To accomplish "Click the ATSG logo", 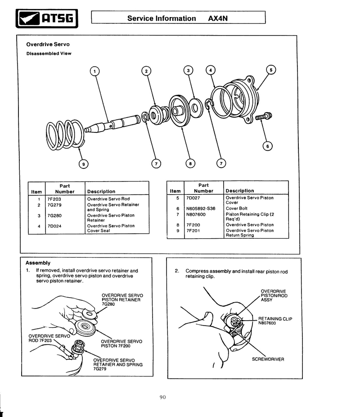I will point(47,18).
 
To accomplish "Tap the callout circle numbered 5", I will point(271,70).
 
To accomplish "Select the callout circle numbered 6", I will point(267,145).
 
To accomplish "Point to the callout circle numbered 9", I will point(82,164).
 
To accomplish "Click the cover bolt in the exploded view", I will point(263,117).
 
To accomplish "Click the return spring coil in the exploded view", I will point(65,133).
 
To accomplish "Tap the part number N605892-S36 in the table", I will point(200,208).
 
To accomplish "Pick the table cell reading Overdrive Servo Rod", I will point(108,199).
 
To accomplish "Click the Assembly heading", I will point(38,263).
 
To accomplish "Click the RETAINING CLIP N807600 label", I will point(275,321).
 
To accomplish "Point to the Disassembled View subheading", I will point(49,54).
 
